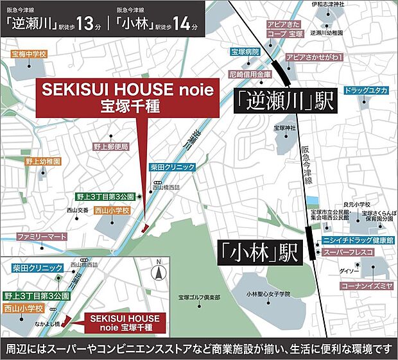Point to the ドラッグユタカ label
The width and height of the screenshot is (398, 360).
pyautogui.click(x=366, y=90)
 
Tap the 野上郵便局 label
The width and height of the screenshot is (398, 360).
pyautogui.click(x=111, y=146)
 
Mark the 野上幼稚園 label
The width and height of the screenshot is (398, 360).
pyautogui.click(x=43, y=161)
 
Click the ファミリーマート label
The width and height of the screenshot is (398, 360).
pyautogui.click(x=42, y=237)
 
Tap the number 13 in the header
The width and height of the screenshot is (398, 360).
pyautogui.click(x=85, y=24)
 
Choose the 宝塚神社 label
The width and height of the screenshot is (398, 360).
pyautogui.click(x=283, y=128)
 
